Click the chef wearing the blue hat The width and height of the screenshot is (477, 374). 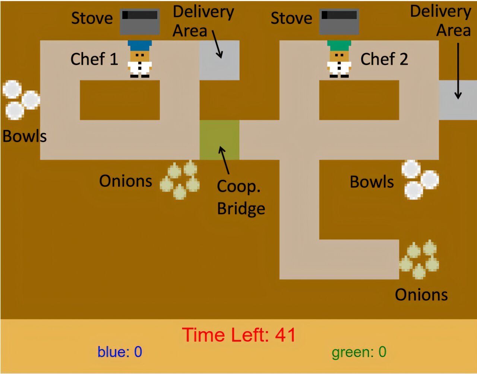[140, 60]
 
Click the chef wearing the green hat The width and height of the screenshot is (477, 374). [339, 60]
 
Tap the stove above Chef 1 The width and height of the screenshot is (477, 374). [140, 22]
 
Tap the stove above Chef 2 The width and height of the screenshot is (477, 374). [339, 22]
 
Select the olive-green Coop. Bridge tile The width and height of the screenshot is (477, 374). [219, 140]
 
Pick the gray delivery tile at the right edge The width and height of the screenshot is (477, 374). [458, 100]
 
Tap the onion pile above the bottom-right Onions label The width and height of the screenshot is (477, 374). [419, 260]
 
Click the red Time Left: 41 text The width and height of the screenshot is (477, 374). [239, 335]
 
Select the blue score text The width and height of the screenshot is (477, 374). [120, 352]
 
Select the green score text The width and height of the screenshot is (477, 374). [359, 352]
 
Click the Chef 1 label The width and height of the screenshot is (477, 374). [94, 59]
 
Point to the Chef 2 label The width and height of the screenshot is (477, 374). [384, 59]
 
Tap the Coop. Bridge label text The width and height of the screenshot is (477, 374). [241, 197]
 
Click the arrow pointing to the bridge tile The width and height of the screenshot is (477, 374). [225, 160]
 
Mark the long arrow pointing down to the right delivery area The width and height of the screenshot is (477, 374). [458, 71]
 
